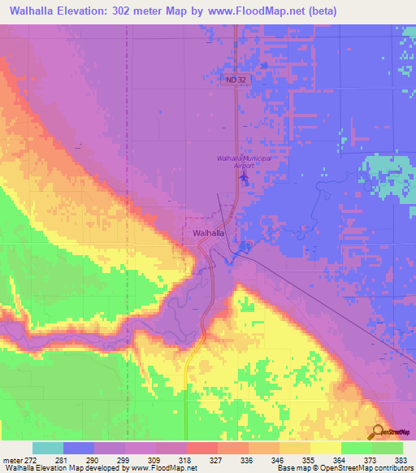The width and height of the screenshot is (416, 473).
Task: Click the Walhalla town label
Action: pos(209,232)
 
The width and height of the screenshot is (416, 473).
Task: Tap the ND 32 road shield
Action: pos(234,79)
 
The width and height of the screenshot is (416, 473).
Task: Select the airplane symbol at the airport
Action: pos(245,176)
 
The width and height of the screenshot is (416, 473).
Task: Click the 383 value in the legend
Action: pos(401,459)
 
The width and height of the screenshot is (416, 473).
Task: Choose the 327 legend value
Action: pos(193,459)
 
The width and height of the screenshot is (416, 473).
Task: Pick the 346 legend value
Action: pos(255,459)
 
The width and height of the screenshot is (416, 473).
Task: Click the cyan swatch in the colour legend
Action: pos(48,448)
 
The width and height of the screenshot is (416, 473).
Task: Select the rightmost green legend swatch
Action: pos(388,448)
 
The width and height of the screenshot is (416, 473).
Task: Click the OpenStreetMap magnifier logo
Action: pos(379,433)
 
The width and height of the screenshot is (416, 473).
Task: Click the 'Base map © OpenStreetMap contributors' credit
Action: pos(346,468)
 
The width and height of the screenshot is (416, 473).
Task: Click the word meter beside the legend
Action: pos(11,459)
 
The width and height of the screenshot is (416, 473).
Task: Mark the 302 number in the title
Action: pos(135,11)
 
